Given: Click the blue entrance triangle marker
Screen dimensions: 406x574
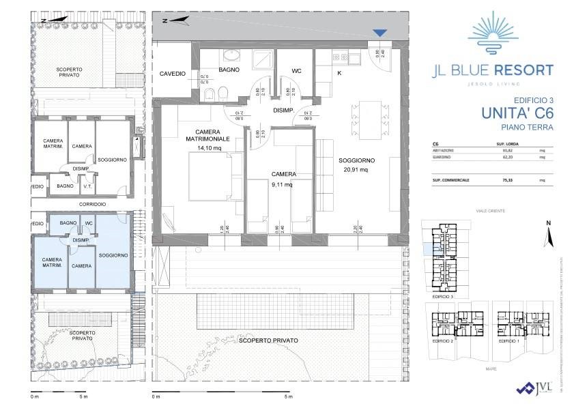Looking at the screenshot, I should [380, 33].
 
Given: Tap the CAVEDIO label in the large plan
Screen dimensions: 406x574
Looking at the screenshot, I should [173, 73].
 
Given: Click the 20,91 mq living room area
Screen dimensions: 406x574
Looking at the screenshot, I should [354, 170].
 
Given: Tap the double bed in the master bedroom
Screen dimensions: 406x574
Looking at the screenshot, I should [209, 175].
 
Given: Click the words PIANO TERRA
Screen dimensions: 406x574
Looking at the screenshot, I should [526, 127].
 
